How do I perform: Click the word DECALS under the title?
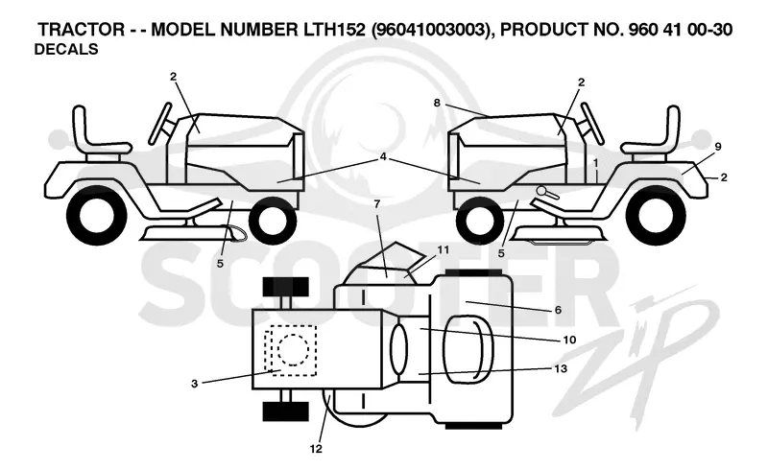(66, 50)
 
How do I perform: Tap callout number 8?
(437, 103)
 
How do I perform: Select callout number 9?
(717, 146)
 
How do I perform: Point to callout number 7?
(377, 204)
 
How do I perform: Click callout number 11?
(443, 250)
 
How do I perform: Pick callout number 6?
(558, 310)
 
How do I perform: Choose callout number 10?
(569, 340)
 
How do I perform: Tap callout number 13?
(561, 368)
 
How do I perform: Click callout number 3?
(195, 384)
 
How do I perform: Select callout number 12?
(316, 448)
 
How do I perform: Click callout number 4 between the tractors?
(383, 156)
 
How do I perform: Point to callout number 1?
(595, 161)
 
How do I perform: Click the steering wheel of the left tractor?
(160, 124)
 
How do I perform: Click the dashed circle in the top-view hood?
(293, 350)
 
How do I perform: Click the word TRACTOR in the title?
(82, 30)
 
